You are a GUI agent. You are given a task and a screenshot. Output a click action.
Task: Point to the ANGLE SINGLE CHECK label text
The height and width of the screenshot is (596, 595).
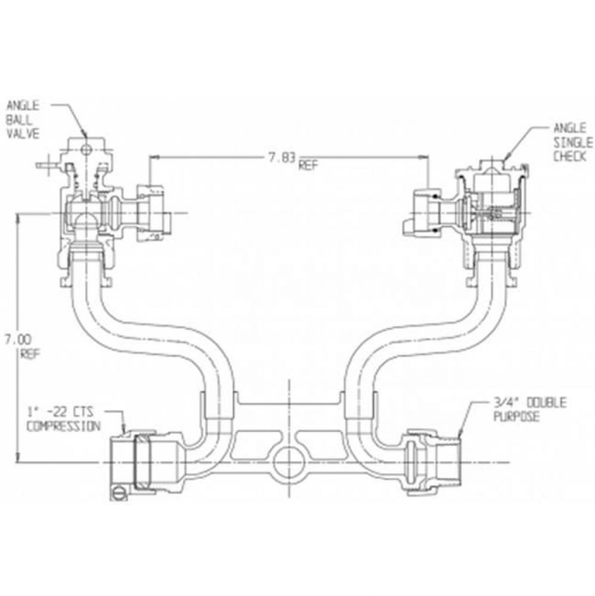[572, 143]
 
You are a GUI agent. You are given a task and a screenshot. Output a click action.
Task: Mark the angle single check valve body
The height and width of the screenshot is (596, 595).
[495, 209]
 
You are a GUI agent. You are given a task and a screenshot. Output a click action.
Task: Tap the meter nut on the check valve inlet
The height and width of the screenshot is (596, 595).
[424, 213]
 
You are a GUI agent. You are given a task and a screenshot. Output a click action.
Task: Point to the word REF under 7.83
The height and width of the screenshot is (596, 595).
[308, 166]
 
